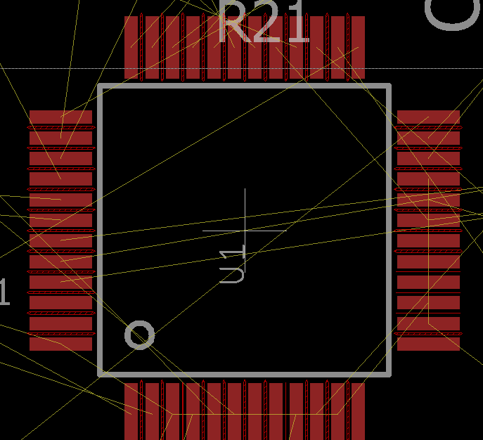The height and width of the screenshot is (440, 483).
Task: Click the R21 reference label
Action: click(x=264, y=24)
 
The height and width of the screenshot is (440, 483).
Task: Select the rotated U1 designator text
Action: click(x=232, y=265)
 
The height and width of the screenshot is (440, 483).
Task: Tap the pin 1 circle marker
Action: click(x=139, y=335)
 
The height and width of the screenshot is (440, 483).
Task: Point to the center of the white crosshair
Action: click(x=245, y=230)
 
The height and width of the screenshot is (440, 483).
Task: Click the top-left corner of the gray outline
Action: click(x=101, y=87)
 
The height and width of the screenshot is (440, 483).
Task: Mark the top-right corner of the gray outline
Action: click(x=388, y=87)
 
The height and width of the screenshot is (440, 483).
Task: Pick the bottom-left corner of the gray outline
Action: click(x=101, y=373)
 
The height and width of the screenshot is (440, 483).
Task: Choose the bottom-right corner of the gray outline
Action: click(x=388, y=373)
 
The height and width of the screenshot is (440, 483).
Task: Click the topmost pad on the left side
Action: click(x=60, y=117)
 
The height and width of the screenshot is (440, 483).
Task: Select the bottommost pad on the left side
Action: click(x=60, y=344)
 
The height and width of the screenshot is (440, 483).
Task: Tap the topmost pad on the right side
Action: click(x=428, y=117)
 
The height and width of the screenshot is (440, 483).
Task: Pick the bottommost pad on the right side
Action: click(x=428, y=344)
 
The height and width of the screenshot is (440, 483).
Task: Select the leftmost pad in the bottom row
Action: click(x=131, y=411)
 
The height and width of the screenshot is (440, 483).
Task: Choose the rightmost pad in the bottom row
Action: click(x=358, y=411)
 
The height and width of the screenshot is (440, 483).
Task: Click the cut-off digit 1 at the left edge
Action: click(x=4, y=292)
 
